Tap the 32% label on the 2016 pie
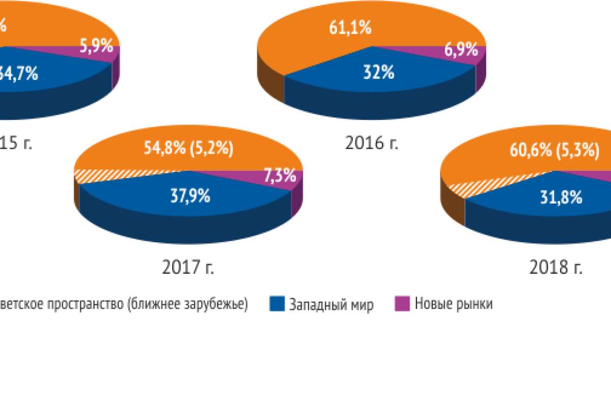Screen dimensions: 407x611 point(378,73)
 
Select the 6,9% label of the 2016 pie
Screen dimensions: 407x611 point(461,50)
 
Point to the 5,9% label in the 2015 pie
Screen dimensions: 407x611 point(96,47)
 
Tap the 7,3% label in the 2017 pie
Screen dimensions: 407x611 point(280,176)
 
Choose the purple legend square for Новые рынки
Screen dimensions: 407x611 point(402,304)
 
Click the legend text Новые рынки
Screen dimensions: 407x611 point(453,304)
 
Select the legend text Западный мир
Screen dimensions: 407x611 point(331,304)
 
